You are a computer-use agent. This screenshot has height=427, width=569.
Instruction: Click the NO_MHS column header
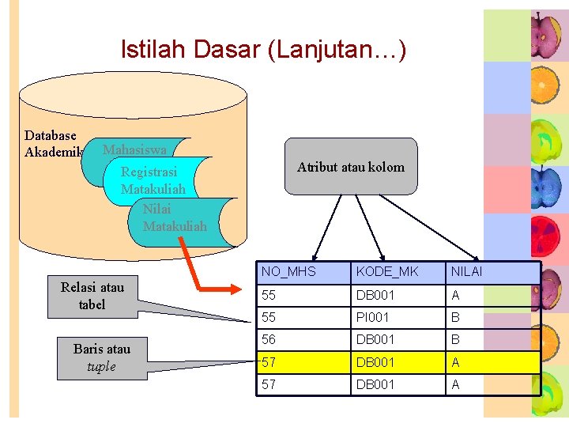(x=288, y=272)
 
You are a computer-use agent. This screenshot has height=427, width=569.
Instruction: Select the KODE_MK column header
(x=387, y=272)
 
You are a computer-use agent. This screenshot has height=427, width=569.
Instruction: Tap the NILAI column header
(x=466, y=272)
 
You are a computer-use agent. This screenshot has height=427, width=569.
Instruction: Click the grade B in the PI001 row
(x=455, y=317)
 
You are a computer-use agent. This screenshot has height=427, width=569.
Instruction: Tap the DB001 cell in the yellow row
(x=376, y=362)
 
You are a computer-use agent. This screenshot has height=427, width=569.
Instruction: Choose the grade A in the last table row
(x=455, y=384)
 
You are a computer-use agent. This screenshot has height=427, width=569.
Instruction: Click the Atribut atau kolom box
(x=350, y=167)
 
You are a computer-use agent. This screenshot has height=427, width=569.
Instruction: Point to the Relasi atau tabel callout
(x=92, y=296)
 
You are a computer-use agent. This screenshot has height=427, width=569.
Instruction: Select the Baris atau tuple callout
(x=101, y=357)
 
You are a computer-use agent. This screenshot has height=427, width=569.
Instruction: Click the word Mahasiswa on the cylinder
(x=134, y=149)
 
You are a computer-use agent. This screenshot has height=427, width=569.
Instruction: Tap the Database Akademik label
(x=52, y=144)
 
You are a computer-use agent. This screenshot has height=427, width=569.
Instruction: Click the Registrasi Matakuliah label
(x=153, y=180)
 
